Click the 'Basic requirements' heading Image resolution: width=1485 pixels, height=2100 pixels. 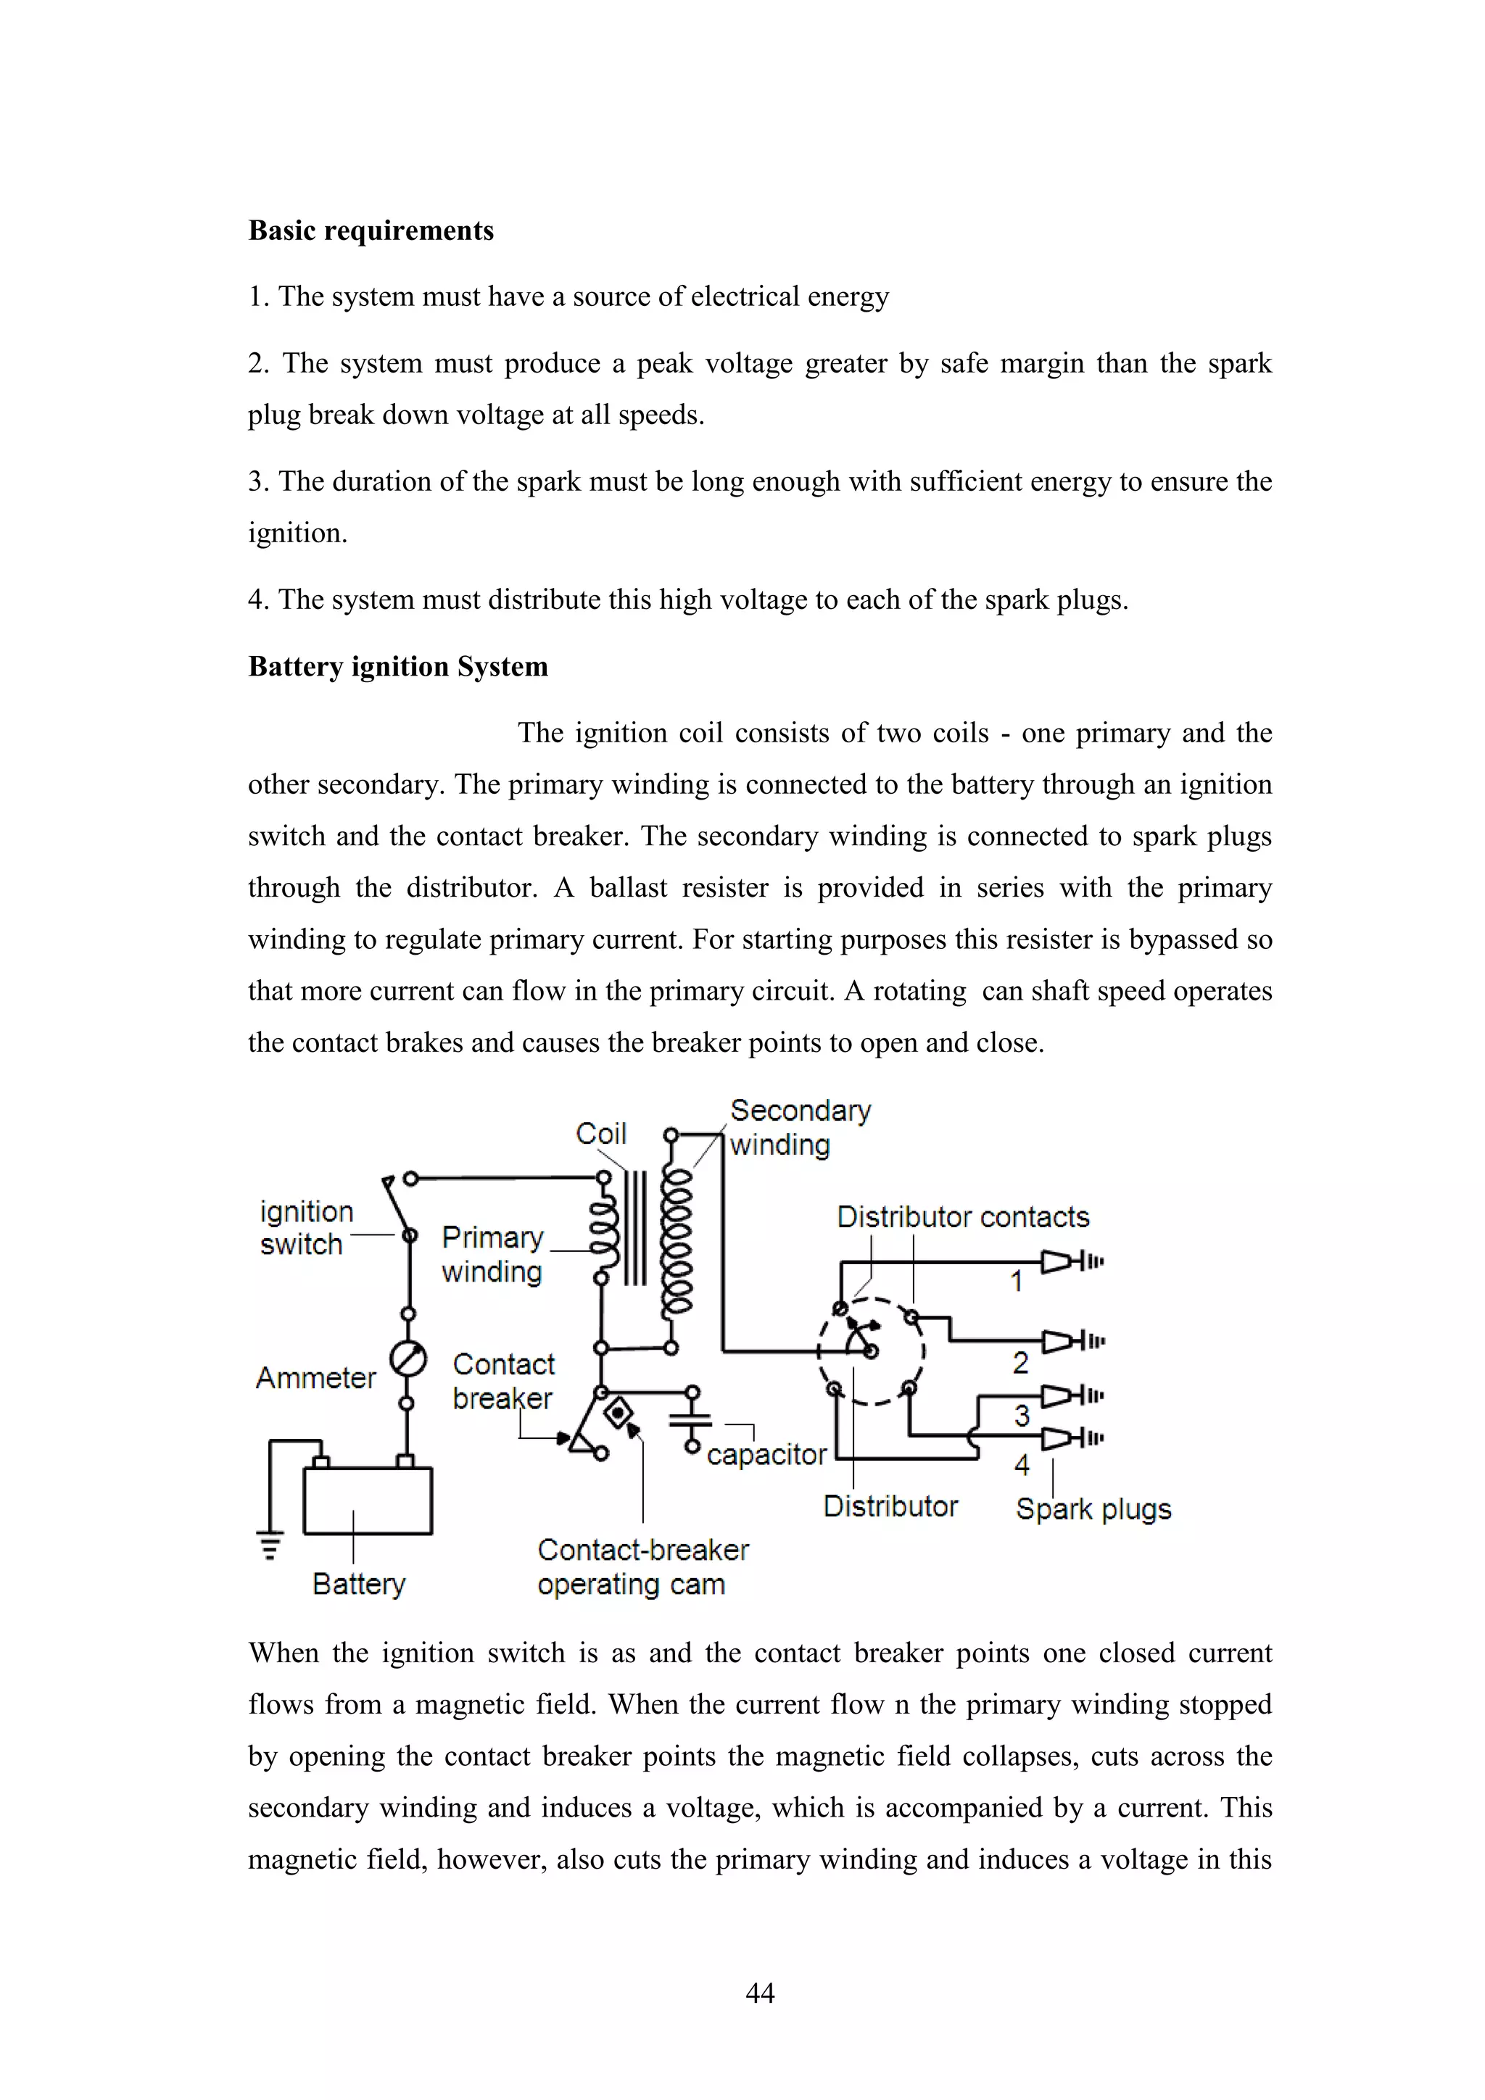[371, 231]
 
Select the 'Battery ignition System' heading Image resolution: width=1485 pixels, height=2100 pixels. [398, 667]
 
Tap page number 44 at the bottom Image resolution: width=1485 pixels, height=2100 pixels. [759, 1993]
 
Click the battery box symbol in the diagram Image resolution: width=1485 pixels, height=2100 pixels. [367, 1500]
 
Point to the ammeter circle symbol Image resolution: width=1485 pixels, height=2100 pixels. [408, 1358]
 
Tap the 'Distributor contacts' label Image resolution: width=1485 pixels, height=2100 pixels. [962, 1217]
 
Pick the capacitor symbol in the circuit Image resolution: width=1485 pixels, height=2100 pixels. [691, 1419]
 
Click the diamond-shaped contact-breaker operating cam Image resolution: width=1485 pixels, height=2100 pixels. [619, 1415]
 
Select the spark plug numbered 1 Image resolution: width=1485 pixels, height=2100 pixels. [1070, 1262]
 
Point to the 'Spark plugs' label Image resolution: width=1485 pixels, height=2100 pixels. [1093, 1509]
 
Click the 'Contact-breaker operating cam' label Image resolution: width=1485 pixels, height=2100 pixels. [642, 1566]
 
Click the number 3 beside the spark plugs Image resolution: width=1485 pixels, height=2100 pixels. [1022, 1416]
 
